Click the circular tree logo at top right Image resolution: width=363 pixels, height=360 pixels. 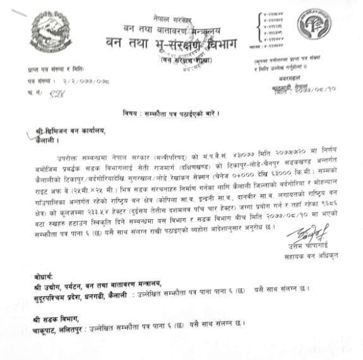(x=314, y=24)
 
